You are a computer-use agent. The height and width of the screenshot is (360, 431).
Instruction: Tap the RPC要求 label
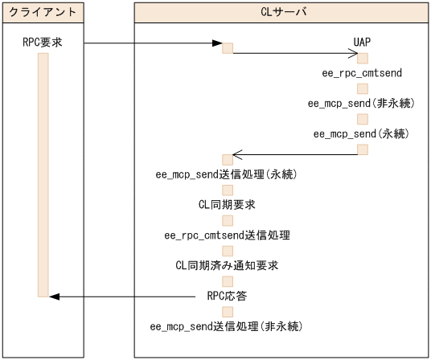click(x=43, y=43)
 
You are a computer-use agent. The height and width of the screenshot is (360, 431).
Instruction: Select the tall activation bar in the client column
click(x=43, y=175)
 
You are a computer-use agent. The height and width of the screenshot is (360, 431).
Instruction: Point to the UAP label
click(x=362, y=43)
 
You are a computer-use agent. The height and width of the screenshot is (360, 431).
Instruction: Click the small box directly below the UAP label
click(x=363, y=58)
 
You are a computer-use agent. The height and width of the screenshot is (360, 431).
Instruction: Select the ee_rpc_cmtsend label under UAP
click(x=362, y=73)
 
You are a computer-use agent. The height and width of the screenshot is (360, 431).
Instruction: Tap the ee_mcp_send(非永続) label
click(x=362, y=103)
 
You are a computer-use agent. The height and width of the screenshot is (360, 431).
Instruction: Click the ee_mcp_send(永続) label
click(x=362, y=133)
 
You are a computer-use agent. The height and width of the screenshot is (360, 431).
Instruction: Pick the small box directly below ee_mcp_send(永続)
click(x=363, y=149)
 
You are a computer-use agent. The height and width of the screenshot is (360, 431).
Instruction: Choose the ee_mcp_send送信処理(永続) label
click(x=228, y=174)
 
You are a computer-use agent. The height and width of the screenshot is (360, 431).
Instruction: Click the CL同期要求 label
click(x=228, y=205)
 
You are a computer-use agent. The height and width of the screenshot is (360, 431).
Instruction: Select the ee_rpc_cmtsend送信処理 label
click(x=228, y=235)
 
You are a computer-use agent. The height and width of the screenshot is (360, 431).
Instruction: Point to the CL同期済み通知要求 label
click(x=228, y=265)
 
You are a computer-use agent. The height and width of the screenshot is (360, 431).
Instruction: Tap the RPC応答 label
click(x=228, y=296)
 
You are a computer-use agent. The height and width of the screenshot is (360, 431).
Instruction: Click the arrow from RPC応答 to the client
click(x=129, y=297)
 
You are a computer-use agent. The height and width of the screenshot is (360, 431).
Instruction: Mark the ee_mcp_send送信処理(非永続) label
click(x=228, y=326)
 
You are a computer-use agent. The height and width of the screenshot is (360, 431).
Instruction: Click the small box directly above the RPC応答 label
click(x=228, y=280)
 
